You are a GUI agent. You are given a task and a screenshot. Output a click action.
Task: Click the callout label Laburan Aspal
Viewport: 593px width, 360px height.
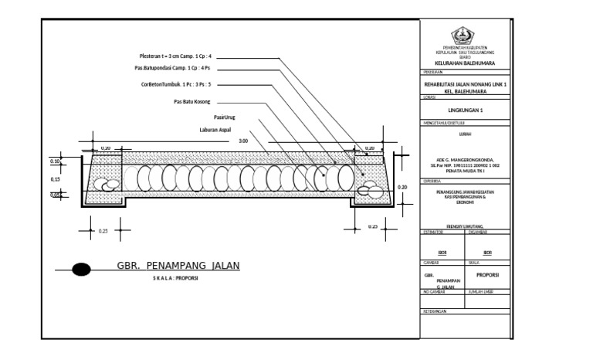217,131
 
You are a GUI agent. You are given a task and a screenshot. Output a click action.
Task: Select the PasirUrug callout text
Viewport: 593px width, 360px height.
224,117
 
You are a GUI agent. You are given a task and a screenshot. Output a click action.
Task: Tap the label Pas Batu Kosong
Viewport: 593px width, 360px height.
191,101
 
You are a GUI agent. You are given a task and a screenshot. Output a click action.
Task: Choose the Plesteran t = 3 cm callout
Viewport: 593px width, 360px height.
175,56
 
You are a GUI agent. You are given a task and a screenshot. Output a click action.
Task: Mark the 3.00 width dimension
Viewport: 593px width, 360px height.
243,141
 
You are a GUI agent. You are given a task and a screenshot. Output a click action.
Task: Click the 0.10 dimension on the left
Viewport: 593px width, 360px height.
55,161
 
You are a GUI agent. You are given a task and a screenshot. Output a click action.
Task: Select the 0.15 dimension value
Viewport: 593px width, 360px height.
55,179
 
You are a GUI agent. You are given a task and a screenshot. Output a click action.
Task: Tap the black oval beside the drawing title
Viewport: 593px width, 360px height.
81,270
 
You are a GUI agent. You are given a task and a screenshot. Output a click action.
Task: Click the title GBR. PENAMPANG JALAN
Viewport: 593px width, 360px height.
178,266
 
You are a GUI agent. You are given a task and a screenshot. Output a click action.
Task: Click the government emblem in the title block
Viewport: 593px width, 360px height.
465,35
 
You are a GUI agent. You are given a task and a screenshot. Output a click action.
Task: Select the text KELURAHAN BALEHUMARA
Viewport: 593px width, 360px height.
465,63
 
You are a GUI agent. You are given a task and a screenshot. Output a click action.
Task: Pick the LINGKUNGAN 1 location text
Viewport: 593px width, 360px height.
465,110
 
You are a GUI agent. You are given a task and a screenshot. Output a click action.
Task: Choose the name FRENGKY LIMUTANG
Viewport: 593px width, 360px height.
465,227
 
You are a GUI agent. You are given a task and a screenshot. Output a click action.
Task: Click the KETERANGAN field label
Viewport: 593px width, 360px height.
436,311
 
